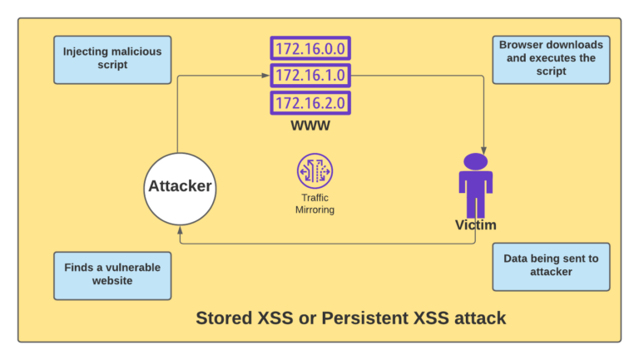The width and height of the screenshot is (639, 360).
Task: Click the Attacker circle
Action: coord(180,186)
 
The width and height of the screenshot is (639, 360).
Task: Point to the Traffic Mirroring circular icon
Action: coord(315,170)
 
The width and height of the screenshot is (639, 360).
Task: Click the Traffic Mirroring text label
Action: coord(315,204)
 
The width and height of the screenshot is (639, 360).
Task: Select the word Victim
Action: coord(475,225)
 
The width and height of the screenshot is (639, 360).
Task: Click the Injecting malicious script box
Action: coord(112,59)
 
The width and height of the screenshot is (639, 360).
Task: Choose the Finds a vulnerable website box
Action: coord(112,274)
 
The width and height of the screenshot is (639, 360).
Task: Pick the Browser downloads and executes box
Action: coord(551,59)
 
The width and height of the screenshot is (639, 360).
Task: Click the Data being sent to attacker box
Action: coord(551,266)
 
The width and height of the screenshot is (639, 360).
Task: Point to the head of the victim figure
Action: coord(475,161)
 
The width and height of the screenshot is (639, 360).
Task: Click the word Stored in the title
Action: coord(220,318)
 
